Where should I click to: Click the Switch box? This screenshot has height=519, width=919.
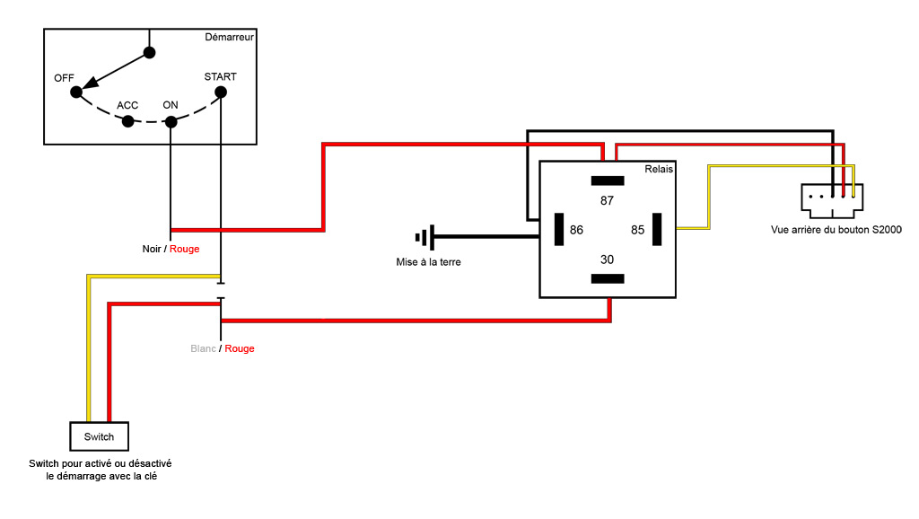click(x=99, y=436)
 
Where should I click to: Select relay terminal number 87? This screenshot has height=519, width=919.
click(x=607, y=200)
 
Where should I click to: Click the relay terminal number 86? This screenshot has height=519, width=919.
click(x=576, y=230)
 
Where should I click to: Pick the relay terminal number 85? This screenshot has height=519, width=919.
click(x=637, y=230)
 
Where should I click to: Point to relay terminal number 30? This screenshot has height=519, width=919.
click(x=607, y=259)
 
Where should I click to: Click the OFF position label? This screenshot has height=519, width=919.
click(x=64, y=78)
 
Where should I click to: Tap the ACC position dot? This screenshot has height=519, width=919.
click(x=128, y=120)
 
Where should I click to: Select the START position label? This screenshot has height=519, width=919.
click(x=220, y=76)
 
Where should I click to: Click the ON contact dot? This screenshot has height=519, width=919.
click(x=171, y=121)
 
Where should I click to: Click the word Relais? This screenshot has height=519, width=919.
click(x=659, y=170)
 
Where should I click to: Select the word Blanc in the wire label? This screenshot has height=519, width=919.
click(x=204, y=348)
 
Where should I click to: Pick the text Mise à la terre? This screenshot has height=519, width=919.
click(x=429, y=263)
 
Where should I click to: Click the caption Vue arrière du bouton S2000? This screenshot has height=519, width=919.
click(x=836, y=230)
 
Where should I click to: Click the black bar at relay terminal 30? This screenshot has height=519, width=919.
click(x=608, y=278)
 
